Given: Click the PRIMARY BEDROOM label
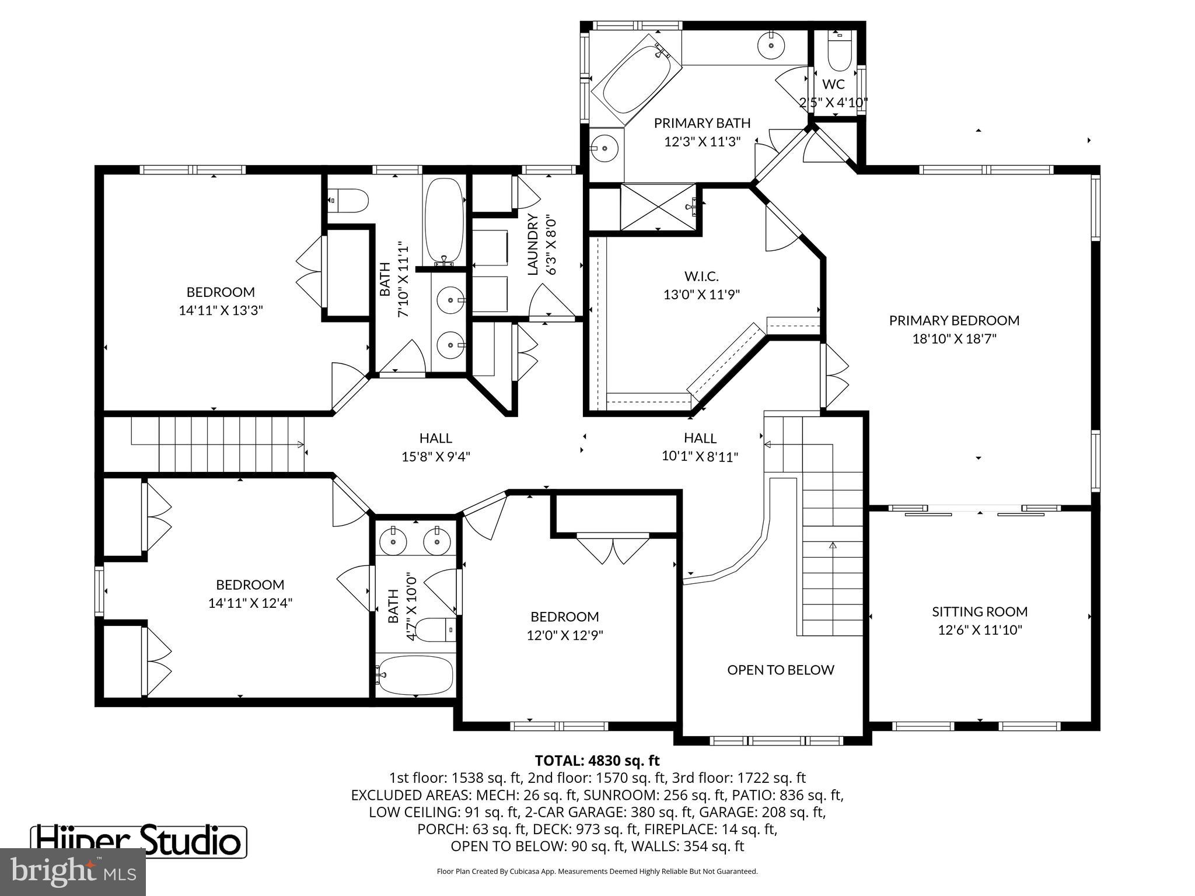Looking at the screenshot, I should [x=954, y=320].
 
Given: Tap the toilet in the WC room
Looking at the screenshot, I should [x=840, y=52].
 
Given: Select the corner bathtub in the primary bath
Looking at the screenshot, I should [x=636, y=81].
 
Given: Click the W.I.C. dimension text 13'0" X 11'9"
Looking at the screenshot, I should [x=701, y=295].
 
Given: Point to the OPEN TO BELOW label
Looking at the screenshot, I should [x=780, y=670].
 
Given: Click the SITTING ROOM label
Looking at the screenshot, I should [x=979, y=611].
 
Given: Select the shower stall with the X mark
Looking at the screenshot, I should [x=658, y=208].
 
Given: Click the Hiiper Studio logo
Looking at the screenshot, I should [x=139, y=841].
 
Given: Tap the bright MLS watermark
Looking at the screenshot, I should [x=72, y=871].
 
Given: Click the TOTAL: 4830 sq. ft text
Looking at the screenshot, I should [x=597, y=761].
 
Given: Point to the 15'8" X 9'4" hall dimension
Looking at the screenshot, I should [x=435, y=456].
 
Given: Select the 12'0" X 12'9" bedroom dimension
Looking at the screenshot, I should [x=564, y=635].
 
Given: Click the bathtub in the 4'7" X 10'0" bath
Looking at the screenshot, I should [x=415, y=675].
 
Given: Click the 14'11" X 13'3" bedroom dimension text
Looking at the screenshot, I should [x=221, y=310].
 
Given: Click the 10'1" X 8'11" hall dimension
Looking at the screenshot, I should [x=700, y=456].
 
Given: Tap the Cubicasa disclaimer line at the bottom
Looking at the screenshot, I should [x=597, y=871].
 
